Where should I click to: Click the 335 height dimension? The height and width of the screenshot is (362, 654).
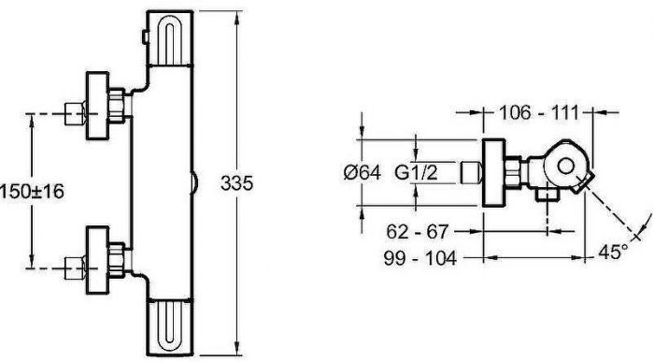236,183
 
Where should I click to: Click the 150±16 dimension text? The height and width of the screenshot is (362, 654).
32,192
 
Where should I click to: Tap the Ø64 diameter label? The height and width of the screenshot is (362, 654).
363,172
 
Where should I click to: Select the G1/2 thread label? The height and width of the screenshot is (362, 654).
417,171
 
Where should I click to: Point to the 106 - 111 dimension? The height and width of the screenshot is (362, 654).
539,112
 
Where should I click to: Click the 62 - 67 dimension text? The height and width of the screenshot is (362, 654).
417,231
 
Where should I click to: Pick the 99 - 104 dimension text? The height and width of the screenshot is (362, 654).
420,258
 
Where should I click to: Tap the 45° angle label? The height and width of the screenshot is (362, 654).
613,252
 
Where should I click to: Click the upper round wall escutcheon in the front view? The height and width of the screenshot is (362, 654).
97,106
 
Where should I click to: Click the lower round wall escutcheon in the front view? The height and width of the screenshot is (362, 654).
97,261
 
